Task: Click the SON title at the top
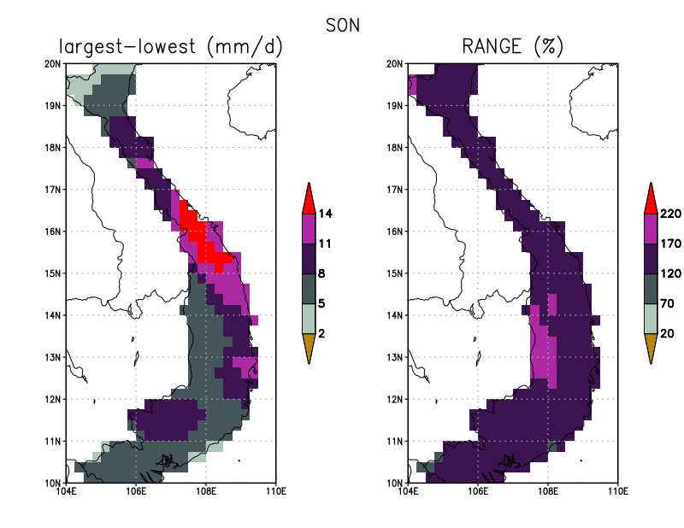click(343, 26)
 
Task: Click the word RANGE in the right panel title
click(492, 46)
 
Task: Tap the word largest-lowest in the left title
click(127, 47)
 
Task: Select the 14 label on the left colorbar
click(325, 214)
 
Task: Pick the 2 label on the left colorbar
click(321, 333)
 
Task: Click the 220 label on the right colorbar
click(670, 214)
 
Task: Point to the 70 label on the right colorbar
click(667, 303)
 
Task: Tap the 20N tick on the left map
click(52, 64)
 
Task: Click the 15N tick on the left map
click(52, 273)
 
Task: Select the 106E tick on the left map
click(136, 491)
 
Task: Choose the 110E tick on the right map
click(617, 491)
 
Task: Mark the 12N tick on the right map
click(394, 399)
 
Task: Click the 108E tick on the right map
click(548, 491)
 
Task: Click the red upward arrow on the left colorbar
click(309, 200)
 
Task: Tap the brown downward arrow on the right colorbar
click(651, 346)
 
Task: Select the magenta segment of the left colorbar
click(309, 228)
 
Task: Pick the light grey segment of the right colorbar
click(651, 319)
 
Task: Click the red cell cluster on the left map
click(203, 238)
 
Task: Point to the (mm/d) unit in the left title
click(245, 47)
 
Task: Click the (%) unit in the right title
click(548, 47)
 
